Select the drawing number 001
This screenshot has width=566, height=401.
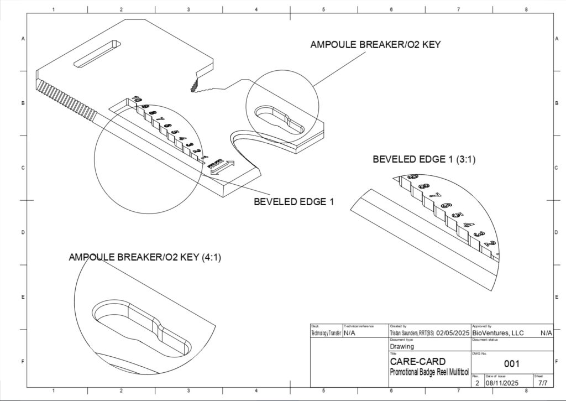511,363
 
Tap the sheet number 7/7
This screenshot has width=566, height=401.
543,382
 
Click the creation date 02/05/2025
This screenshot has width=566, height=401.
452,333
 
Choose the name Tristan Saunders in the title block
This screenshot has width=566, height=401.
412,333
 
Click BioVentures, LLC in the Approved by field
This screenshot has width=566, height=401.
497,333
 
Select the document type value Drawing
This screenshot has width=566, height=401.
402,347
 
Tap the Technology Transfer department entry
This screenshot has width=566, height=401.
326,333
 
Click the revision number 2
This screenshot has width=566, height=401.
477,382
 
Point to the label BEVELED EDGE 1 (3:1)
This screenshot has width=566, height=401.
424,159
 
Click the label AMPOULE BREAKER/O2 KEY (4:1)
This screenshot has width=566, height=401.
145,257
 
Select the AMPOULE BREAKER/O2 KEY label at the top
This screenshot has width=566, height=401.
375,45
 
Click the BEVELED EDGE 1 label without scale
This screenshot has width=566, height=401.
294,202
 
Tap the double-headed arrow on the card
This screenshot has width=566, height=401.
223,168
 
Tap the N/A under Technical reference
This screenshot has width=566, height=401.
350,333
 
